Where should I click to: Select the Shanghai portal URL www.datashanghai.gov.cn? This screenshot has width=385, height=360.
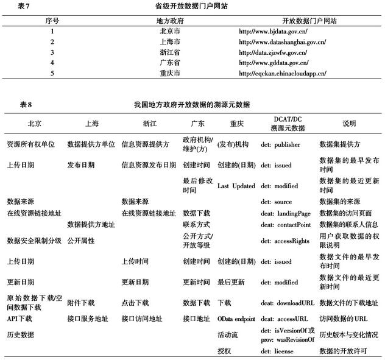coord(282,41)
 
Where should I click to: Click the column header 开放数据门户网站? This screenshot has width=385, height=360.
coord(292,20)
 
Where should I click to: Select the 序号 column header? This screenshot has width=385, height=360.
coord(52,20)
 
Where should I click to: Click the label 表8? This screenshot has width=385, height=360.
coord(26,105)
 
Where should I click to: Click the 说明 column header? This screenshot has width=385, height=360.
coord(348,123)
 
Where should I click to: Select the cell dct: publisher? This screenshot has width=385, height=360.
coord(283,145)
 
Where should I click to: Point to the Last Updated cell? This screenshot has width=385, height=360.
coord(236,186)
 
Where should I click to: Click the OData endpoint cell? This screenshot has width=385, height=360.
coord(236,318)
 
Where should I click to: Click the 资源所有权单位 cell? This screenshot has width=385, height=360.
coord(30,145)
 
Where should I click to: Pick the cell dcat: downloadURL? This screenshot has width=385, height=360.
coord(288,302)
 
